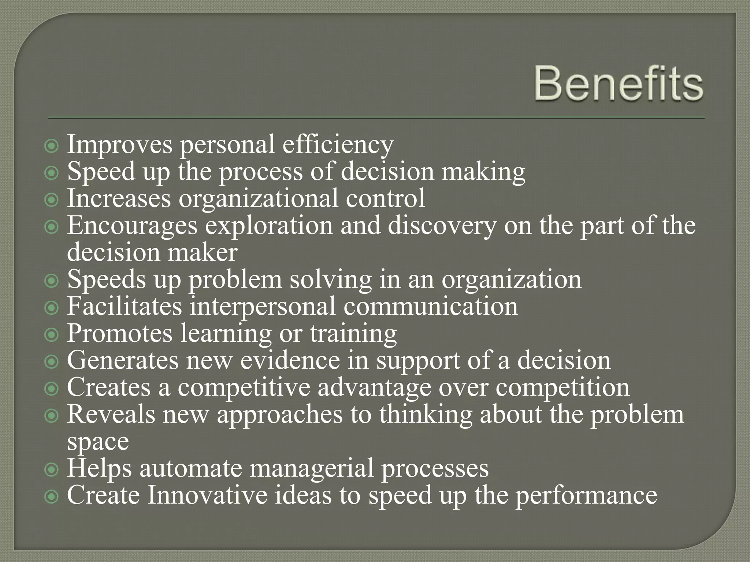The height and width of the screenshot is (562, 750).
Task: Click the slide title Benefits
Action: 619,84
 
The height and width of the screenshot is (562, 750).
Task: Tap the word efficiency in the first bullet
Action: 338,145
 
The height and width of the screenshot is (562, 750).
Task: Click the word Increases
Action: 119,198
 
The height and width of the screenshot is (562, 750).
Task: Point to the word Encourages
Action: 132,226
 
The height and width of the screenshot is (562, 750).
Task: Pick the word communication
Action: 431,306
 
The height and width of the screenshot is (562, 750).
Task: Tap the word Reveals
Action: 111,414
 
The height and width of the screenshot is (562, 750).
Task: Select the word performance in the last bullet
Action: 586,496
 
